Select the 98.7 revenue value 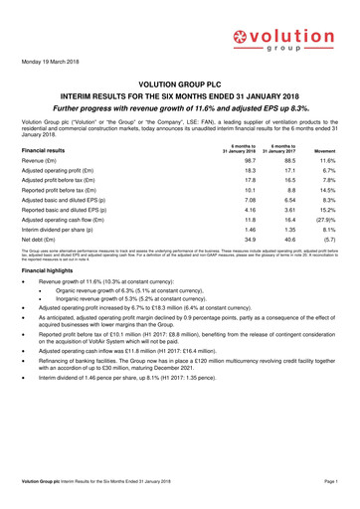(222, 161)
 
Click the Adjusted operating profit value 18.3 (222, 174)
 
